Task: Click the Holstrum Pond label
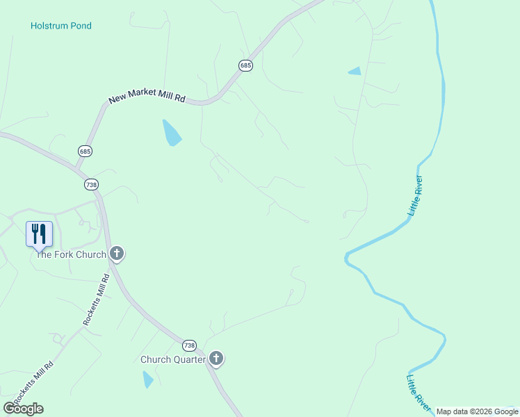(x=61, y=26)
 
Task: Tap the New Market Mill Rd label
(x=147, y=99)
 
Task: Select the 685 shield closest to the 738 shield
(x=85, y=151)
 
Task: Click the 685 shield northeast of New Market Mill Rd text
(x=245, y=65)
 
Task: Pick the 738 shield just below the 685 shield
(x=91, y=184)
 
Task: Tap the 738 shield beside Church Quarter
(x=190, y=345)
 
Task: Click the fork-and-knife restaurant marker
(x=39, y=234)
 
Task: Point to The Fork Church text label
(x=70, y=254)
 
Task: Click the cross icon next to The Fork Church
(x=117, y=254)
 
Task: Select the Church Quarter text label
(x=173, y=359)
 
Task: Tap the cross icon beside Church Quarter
(x=216, y=359)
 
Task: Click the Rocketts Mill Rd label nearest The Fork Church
(x=97, y=300)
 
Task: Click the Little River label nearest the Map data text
(x=417, y=389)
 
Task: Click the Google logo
(x=24, y=409)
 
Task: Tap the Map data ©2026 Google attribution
(x=477, y=411)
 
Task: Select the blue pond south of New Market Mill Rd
(x=171, y=133)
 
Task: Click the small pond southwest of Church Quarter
(x=147, y=379)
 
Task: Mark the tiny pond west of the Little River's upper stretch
(x=355, y=71)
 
